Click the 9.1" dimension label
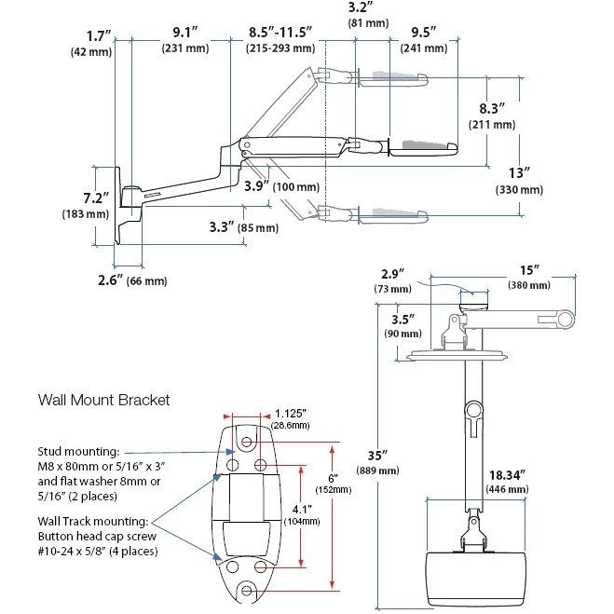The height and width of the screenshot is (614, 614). tap(185, 33)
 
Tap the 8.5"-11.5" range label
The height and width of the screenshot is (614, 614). tap(280, 32)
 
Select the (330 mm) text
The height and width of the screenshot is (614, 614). tap(519, 190)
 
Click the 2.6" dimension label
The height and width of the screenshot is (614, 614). tap(111, 280)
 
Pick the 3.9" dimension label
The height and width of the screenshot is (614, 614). tap(257, 185)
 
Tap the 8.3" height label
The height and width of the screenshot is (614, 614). tap(492, 108)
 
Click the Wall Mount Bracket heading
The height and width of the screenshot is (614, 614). tap(103, 400)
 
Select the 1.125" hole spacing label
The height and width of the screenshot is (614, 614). tap(290, 414)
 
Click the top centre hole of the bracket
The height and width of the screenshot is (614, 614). tap(246, 442)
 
